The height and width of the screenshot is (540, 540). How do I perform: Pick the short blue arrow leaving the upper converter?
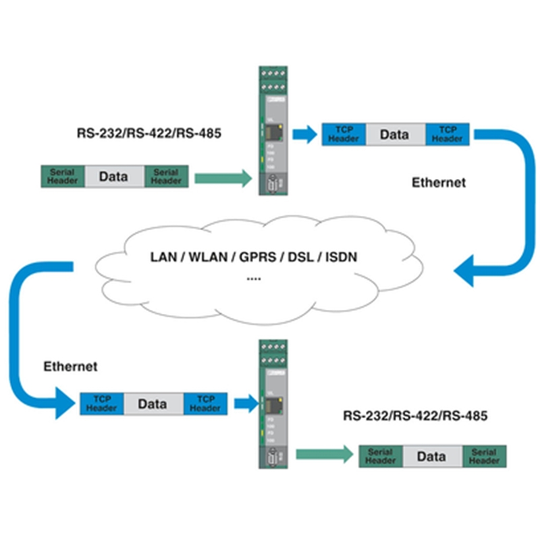(x=306, y=134)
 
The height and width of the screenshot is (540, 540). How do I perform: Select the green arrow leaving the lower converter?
(x=325, y=454)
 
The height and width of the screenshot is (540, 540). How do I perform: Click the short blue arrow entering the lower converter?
(x=242, y=404)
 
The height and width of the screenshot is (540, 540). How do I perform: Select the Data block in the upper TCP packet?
(x=395, y=134)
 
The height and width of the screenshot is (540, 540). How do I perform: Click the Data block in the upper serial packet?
(x=113, y=177)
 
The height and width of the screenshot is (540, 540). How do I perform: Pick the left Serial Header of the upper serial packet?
(x=62, y=177)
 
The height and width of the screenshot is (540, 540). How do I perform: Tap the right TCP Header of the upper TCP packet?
(x=447, y=134)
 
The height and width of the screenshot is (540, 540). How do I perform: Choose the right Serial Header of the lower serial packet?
(x=484, y=456)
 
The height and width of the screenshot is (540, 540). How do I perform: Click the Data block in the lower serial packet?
(x=431, y=456)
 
